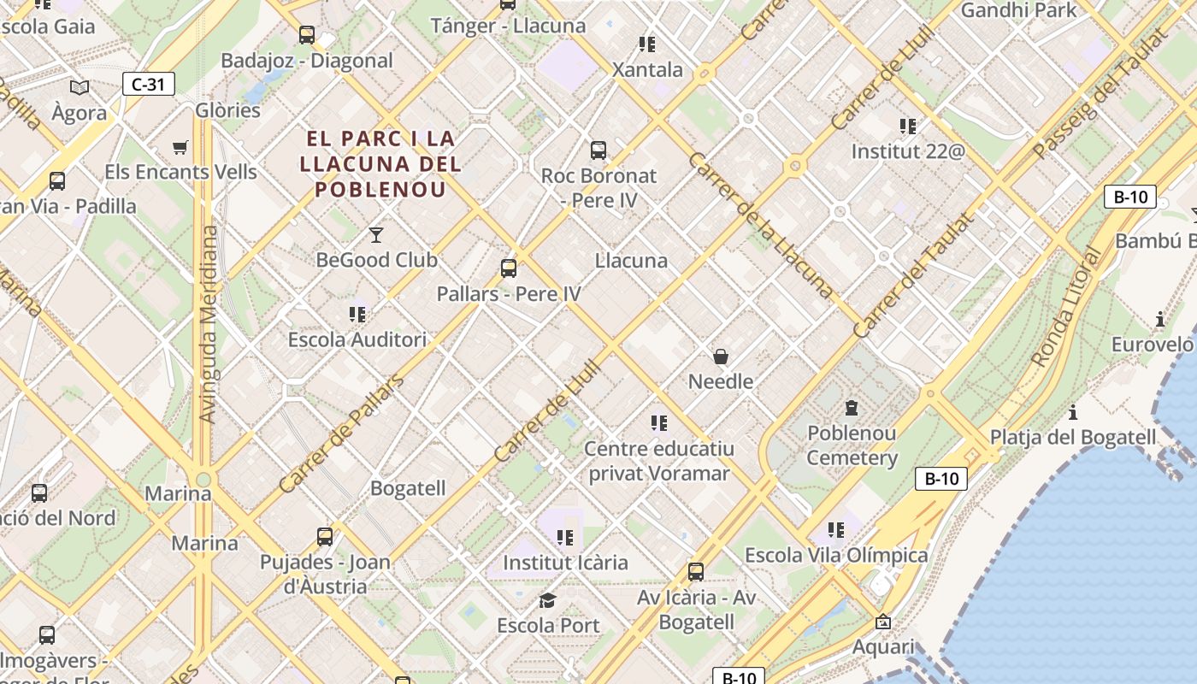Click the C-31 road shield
coord(149,84)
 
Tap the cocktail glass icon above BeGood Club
coord(375,234)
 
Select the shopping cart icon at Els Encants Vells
coord(180,148)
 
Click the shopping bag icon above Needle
coord(721,357)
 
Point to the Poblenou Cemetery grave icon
coord(852,408)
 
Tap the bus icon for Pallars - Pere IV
coord(509,268)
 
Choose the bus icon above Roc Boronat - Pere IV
coord(598,150)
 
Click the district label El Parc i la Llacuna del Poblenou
coord(380,163)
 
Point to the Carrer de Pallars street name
coord(341,433)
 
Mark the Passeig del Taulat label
coord(1100,94)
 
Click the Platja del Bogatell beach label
coord(1073,437)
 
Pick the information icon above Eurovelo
coord(1159,320)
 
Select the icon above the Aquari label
coord(883,622)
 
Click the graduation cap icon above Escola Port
coord(547,600)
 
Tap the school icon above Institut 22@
coord(908,127)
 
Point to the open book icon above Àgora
coord(80,87)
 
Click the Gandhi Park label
coord(1019,10)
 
